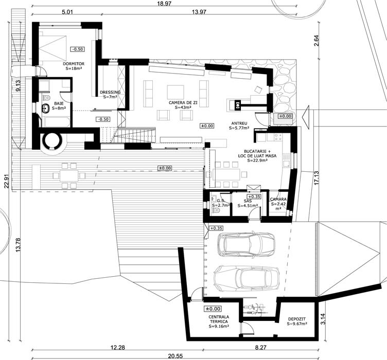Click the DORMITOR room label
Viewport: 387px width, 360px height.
[x=74, y=64]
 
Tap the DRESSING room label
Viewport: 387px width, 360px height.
[x=110, y=92]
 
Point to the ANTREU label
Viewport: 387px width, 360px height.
[x=239, y=123]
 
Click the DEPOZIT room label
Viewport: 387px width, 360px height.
[x=297, y=319]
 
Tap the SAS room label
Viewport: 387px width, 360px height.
[x=248, y=201]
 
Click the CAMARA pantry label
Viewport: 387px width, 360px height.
[x=278, y=199]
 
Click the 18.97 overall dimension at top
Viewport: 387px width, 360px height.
[x=164, y=4]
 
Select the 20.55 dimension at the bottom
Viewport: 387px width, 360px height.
[x=175, y=356]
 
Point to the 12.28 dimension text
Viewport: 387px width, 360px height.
[x=117, y=348]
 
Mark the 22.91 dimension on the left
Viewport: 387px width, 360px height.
[x=7, y=181]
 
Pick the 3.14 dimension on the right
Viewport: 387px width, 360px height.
[x=324, y=319]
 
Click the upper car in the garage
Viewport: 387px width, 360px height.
[x=246, y=244]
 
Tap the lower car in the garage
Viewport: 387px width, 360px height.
[x=247, y=278]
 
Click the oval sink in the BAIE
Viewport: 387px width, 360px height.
[x=46, y=108]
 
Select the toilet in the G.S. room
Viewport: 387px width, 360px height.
[x=216, y=210]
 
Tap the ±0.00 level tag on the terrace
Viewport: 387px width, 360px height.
[x=165, y=168]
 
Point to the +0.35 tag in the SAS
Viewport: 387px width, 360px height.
[x=254, y=196]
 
